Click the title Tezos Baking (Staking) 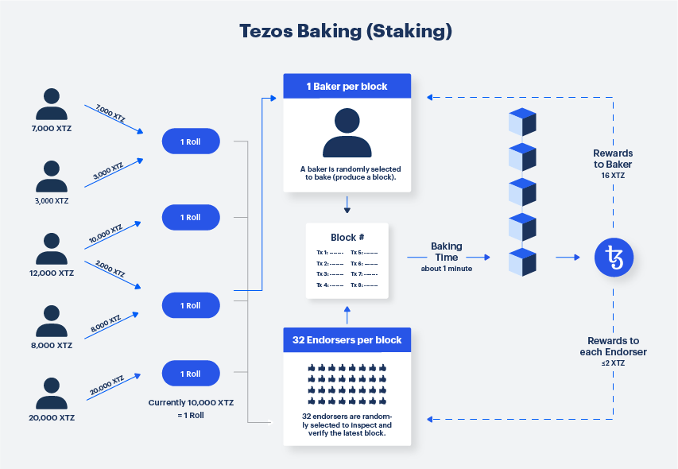pos(346,32)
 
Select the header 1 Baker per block pos(347,86)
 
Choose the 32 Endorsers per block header pos(347,340)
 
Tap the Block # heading pos(347,237)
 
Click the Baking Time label pos(446,251)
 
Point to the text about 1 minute pos(446,269)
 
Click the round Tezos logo pos(614,258)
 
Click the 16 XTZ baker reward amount pos(613,175)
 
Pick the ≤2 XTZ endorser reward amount pos(613,362)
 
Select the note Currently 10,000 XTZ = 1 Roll pos(190,409)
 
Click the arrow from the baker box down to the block pos(347,206)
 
